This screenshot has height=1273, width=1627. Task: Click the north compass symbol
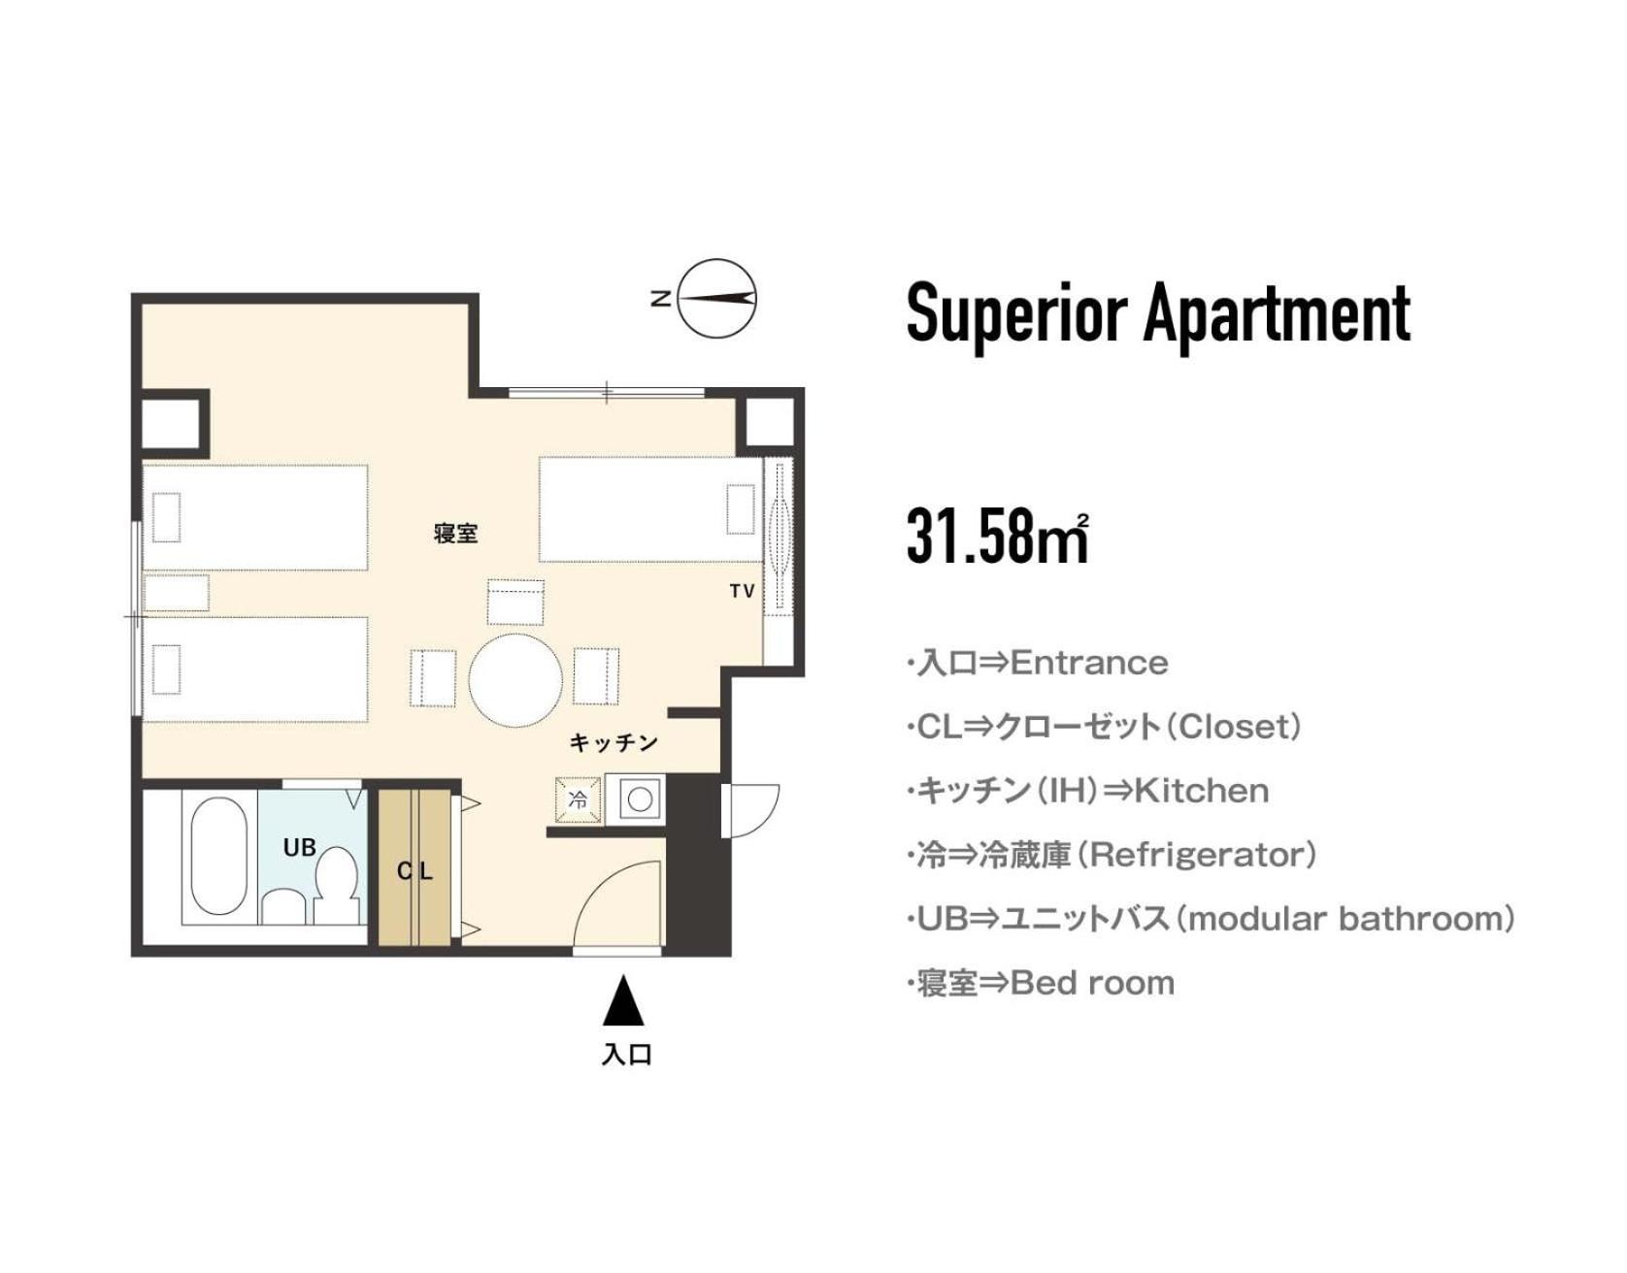(716, 299)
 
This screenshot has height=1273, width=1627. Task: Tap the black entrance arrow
(623, 1001)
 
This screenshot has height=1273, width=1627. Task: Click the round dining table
(515, 679)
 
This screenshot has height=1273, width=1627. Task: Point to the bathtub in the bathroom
(218, 857)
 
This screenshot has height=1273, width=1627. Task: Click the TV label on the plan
(743, 591)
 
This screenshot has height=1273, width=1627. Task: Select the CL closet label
(415, 871)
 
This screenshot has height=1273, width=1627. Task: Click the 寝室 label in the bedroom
(456, 533)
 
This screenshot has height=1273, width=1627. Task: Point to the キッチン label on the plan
(614, 742)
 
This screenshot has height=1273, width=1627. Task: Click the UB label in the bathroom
(300, 847)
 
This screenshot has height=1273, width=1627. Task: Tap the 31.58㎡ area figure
(998, 535)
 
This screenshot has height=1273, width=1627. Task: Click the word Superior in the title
(1016, 314)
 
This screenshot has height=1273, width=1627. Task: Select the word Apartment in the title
(1278, 314)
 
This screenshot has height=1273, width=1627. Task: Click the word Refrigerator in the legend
(1199, 855)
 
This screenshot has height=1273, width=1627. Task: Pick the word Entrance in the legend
(1089, 664)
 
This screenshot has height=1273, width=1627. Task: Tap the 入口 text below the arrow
(626, 1054)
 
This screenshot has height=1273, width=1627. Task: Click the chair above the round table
(515, 603)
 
